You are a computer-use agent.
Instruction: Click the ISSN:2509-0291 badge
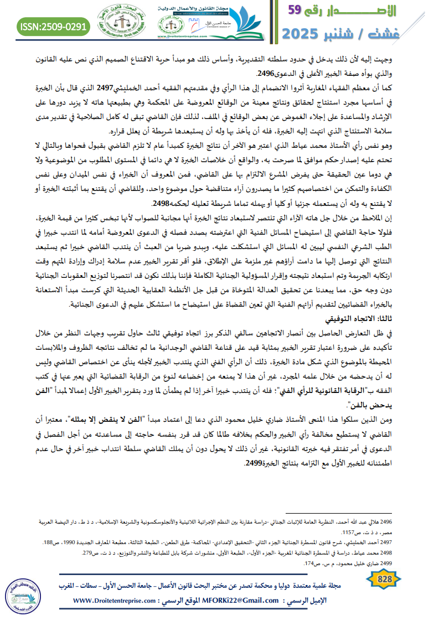tap(53, 27)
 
